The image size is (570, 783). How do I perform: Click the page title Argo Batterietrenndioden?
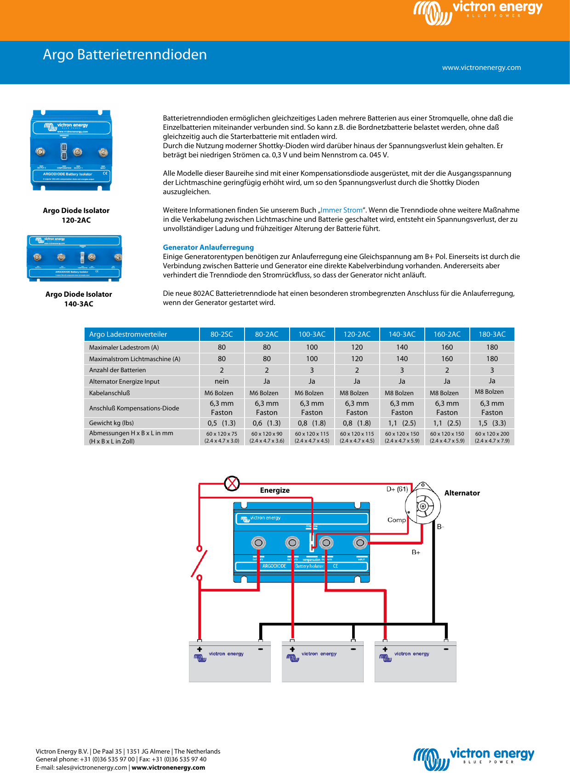125,55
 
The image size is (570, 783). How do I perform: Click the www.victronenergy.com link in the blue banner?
481,68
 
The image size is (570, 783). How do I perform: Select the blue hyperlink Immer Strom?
341,210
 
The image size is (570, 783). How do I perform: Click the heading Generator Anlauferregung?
208,248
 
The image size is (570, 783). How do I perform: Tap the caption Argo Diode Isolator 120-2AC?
76,215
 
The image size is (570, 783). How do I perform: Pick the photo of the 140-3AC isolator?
74,258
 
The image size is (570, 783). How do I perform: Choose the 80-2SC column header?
222,334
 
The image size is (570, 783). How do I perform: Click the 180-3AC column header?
492,334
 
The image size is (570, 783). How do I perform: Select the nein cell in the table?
222,381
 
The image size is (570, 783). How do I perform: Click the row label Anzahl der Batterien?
118,370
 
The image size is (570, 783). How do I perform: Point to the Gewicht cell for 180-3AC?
492,423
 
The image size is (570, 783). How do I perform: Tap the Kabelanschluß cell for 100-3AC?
312,393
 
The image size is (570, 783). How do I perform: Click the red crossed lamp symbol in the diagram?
232,483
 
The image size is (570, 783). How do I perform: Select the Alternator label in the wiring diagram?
462,493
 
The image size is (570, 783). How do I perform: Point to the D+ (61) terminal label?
397,489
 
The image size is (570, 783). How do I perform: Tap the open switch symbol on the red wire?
199,563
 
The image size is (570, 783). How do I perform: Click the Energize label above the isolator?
275,490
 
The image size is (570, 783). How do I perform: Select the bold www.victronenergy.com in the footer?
168,767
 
